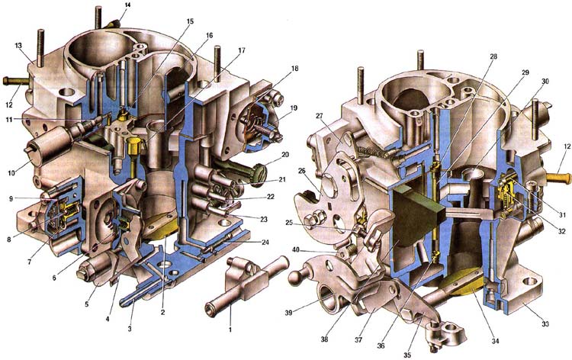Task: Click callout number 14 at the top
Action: click(127, 5)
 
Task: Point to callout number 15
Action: click(190, 21)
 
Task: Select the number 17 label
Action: click(242, 50)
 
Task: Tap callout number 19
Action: click(294, 108)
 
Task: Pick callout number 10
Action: click(11, 173)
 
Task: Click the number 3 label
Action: click(130, 329)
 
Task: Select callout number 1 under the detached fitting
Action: click(230, 330)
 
